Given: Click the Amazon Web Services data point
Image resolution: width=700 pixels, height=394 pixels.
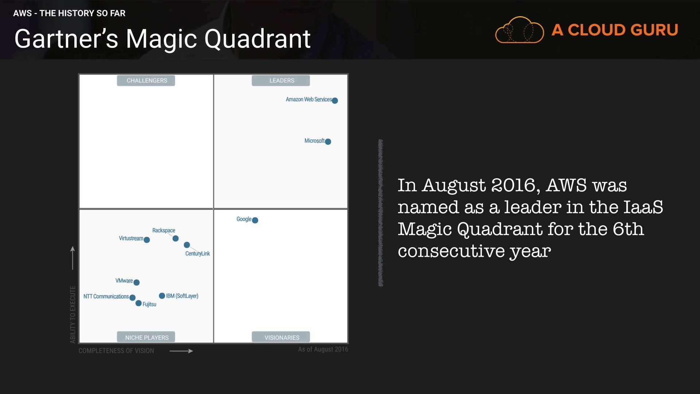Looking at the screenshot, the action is pyautogui.click(x=335, y=101).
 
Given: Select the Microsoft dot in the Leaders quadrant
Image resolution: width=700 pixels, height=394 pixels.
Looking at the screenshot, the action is pyautogui.click(x=328, y=142).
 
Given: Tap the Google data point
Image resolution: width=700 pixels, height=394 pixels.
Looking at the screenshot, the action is pyautogui.click(x=255, y=220).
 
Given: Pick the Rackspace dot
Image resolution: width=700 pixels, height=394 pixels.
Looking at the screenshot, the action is pyautogui.click(x=175, y=239).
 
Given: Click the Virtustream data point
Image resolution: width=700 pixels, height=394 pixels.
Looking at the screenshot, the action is pyautogui.click(x=147, y=240).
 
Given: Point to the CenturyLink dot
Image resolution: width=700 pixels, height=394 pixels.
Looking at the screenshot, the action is pyautogui.click(x=187, y=245).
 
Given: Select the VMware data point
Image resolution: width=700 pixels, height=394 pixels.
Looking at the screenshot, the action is pyautogui.click(x=136, y=282).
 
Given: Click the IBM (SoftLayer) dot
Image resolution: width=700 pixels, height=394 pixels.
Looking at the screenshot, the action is pyautogui.click(x=162, y=295).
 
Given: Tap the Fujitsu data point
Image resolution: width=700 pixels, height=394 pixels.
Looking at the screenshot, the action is pyautogui.click(x=139, y=303).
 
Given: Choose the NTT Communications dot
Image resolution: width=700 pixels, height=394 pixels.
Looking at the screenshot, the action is pyautogui.click(x=132, y=298).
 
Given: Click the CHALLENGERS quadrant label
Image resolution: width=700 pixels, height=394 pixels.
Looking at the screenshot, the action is pyautogui.click(x=146, y=81).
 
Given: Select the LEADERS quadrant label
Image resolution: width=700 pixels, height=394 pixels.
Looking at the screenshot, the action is pyautogui.click(x=281, y=81).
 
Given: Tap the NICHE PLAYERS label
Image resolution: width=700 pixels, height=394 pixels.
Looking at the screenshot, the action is pyautogui.click(x=146, y=337).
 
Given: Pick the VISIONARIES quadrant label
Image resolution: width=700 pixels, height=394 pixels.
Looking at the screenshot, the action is pyautogui.click(x=281, y=337).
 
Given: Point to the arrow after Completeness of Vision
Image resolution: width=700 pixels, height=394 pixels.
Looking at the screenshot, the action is pyautogui.click(x=181, y=351).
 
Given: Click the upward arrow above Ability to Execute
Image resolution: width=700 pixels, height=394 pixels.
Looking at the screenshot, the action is pyautogui.click(x=73, y=258).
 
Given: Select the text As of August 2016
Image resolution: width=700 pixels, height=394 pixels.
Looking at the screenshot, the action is pyautogui.click(x=323, y=349).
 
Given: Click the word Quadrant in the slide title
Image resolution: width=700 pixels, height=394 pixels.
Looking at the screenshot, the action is pyautogui.click(x=257, y=39).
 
